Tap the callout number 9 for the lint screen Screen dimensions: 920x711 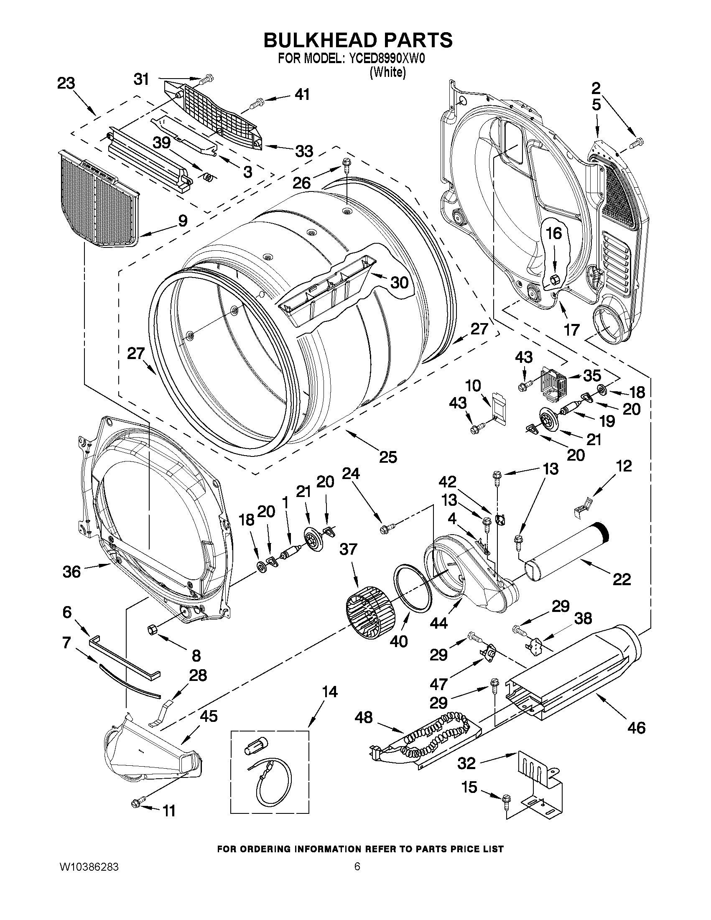click(x=182, y=221)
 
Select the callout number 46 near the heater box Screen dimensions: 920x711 click(x=636, y=727)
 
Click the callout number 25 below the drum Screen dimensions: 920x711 click(x=387, y=456)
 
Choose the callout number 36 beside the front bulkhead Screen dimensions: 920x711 click(x=71, y=572)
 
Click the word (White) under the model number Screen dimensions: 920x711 click(x=387, y=72)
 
